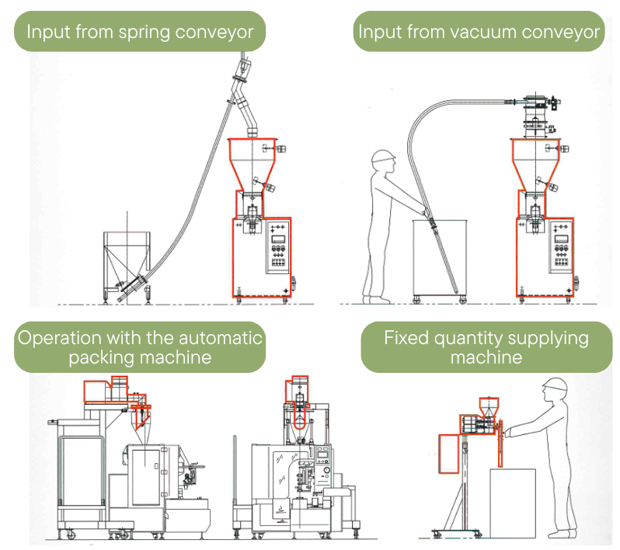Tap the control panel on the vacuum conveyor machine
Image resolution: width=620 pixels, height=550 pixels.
[559, 250]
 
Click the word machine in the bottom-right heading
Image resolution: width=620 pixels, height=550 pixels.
[486, 358]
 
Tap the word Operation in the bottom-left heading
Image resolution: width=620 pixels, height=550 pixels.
[57, 338]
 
